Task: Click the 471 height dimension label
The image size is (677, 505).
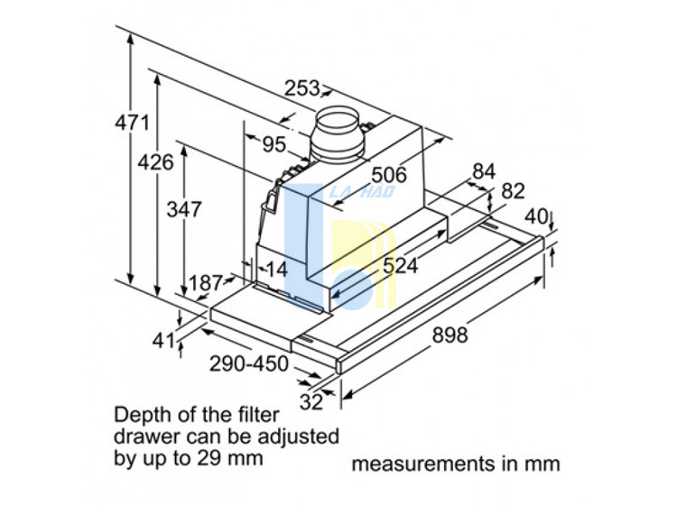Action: (x=132, y=123)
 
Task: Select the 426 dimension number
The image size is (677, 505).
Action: (x=155, y=163)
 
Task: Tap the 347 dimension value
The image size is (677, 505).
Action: (x=183, y=208)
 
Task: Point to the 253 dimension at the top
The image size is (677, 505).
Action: (x=302, y=88)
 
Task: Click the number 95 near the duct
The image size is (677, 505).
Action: (x=274, y=144)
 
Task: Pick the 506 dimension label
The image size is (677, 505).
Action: (x=388, y=174)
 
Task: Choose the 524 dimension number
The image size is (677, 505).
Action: (x=400, y=265)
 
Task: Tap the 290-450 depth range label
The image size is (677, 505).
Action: (x=248, y=364)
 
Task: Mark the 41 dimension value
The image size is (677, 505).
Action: (x=163, y=340)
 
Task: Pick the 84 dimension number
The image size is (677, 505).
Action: (x=485, y=171)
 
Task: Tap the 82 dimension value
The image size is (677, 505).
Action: (x=513, y=191)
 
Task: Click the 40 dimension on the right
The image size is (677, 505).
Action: (x=536, y=216)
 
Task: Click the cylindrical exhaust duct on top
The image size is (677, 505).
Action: (x=339, y=135)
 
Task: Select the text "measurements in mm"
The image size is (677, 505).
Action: (x=455, y=464)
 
